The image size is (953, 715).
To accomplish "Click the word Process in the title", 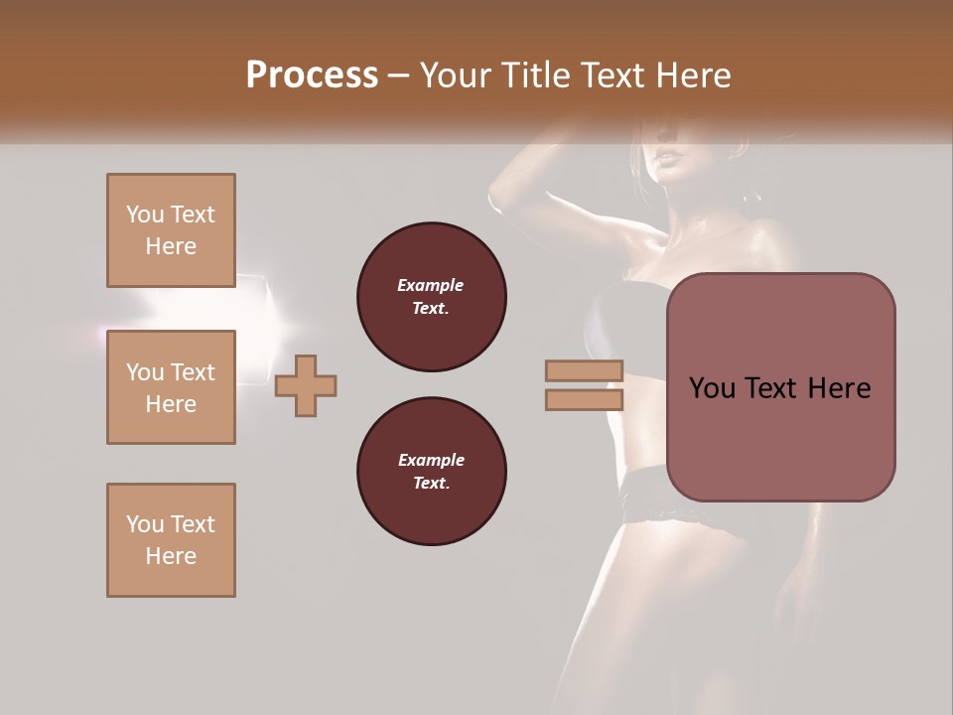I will click(x=312, y=75).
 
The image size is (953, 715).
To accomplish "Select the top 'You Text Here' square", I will click(x=171, y=230).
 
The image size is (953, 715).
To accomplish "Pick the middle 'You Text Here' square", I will click(x=171, y=387).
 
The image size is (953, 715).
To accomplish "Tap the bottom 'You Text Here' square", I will click(x=171, y=540).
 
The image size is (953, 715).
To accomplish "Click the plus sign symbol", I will click(x=306, y=385).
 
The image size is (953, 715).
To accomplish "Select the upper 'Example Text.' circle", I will click(x=432, y=297).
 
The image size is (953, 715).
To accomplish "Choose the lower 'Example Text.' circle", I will click(x=432, y=472).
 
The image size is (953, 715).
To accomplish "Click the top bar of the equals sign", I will click(x=585, y=370).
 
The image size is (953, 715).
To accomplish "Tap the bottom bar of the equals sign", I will click(x=585, y=399).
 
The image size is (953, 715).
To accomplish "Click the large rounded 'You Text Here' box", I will click(x=780, y=387).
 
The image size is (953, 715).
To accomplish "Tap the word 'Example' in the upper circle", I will click(x=431, y=285).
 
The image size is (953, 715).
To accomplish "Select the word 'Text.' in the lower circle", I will click(x=431, y=484).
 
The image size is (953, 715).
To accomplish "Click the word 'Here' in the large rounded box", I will click(x=838, y=388).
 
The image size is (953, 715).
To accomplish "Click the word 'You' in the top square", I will click(x=144, y=214).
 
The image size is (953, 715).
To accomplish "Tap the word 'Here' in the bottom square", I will click(x=171, y=556).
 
